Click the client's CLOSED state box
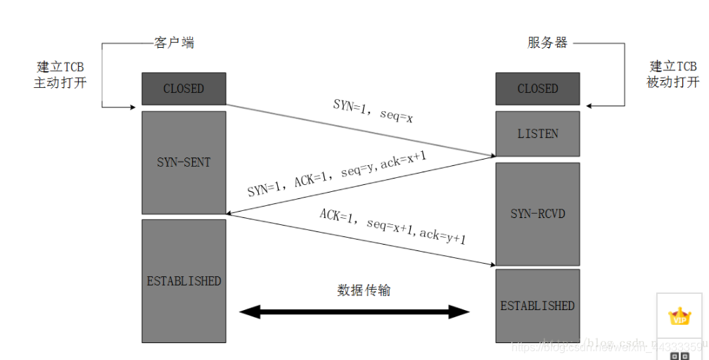coord(184,89)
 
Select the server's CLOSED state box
coord(537,89)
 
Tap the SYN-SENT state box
coord(184,162)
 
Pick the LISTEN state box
coord(537,134)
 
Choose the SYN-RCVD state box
coord(537,214)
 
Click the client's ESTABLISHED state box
coord(184,281)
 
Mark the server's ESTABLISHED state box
coord(537,306)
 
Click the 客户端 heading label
coord(174,43)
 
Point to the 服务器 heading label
coord(547,43)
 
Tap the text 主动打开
coord(60,82)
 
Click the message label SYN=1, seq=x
coord(373,110)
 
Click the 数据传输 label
coord(364,290)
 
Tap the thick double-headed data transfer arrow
coord(354,311)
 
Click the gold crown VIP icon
coord(679,316)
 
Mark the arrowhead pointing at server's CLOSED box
coord(591,106)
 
